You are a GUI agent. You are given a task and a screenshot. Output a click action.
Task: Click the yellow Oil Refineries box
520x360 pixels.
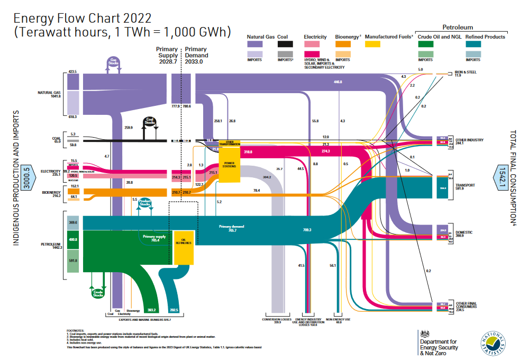pos(184,247)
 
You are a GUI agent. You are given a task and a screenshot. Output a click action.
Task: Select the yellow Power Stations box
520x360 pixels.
pos(230,164)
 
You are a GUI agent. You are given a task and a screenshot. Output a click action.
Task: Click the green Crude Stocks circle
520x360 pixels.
pos(98,292)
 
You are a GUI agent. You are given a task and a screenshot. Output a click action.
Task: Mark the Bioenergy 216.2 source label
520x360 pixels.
pos(51,194)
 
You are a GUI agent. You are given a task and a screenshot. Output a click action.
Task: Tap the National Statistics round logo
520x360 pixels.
pos(493,341)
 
